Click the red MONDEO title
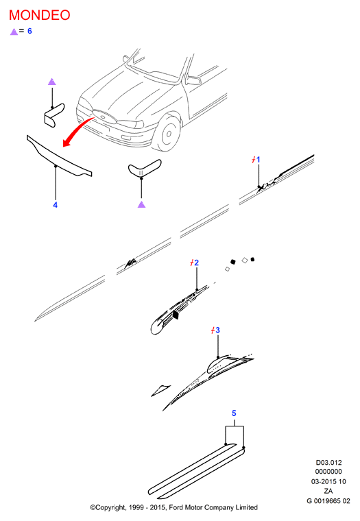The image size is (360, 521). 40,15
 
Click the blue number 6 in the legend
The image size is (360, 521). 29,31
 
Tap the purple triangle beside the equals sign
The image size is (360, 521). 14,32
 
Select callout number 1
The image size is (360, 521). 258,160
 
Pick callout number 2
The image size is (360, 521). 196,263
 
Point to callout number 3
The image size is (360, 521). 217,330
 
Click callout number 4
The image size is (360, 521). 55,205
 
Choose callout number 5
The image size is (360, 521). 234,413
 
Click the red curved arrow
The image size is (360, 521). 76,130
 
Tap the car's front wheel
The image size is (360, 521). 168,134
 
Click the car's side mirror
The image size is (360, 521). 193,80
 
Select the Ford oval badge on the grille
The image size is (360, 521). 103,117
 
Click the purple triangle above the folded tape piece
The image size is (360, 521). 52,82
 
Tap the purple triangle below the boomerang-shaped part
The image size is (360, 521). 142,204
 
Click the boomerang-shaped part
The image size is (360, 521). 144,169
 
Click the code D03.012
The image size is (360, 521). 328,463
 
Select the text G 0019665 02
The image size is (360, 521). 328,500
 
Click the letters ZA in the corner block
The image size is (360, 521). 328,491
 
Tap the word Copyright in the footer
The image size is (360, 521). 110,508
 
